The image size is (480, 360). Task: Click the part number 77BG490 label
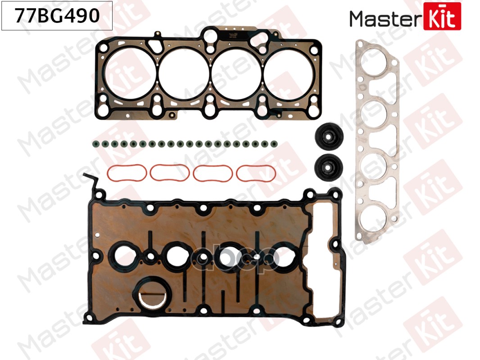57,17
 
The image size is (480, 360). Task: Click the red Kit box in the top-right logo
442,16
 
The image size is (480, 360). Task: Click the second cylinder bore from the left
184,74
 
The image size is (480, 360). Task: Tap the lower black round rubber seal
328,166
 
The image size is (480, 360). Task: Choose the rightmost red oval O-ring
256,173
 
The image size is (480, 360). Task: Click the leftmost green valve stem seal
95,144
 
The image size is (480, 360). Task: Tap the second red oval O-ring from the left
169,172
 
